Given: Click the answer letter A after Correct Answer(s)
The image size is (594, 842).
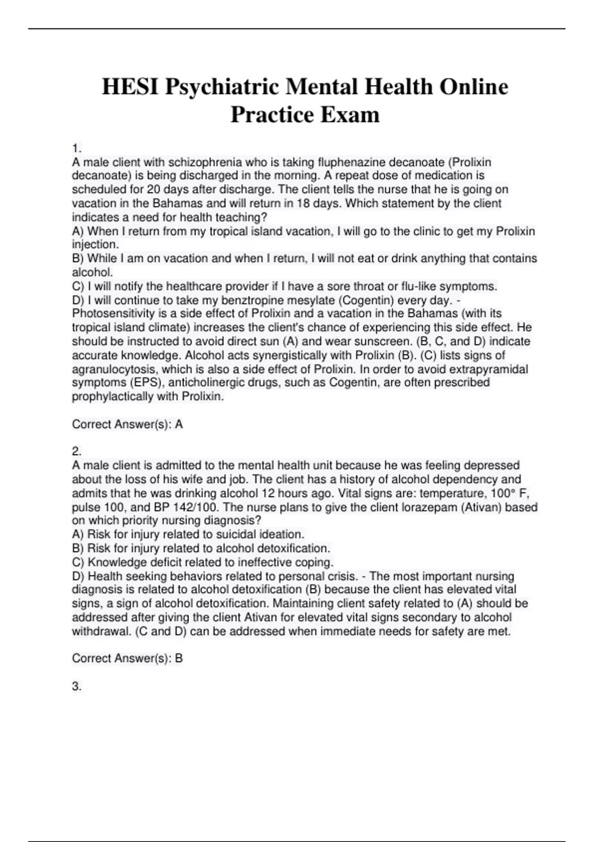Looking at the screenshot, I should click(179, 424).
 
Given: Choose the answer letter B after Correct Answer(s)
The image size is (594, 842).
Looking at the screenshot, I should click(179, 658).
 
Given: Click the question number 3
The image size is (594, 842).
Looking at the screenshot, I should click(76, 686).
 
